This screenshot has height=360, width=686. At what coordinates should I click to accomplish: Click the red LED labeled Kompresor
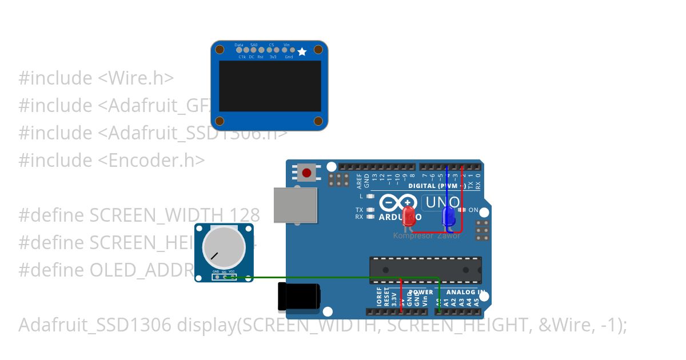(x=409, y=216)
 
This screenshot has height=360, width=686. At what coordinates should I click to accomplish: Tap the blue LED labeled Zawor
(x=449, y=216)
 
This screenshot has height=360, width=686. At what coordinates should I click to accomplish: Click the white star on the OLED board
(x=302, y=52)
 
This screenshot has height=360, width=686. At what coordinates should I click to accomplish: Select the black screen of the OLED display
(x=270, y=86)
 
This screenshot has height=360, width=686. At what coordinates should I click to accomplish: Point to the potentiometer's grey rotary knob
(x=224, y=246)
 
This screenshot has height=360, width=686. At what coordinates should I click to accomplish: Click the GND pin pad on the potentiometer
(x=216, y=277)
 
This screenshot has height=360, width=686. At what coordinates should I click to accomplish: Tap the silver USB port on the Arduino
(x=295, y=205)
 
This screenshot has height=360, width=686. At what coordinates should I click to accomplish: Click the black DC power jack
(x=299, y=297)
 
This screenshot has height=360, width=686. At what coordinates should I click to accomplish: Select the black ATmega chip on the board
(x=425, y=270)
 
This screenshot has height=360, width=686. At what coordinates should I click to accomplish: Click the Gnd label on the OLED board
(x=289, y=57)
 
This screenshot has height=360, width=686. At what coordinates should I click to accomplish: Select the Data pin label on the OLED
(x=239, y=45)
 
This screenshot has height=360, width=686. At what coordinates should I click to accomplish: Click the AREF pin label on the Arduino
(x=359, y=182)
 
